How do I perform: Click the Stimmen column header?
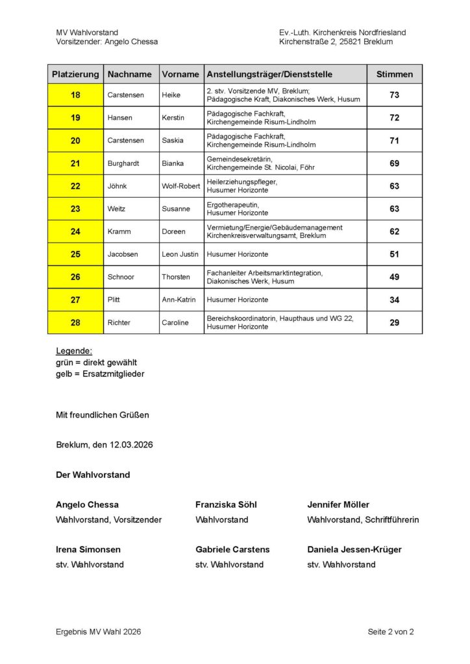click(x=394, y=74)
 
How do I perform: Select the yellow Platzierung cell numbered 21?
click(x=75, y=163)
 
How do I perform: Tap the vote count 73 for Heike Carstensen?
click(x=394, y=95)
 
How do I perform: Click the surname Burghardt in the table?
click(x=123, y=163)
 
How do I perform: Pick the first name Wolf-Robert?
click(x=181, y=186)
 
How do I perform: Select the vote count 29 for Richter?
click(x=394, y=322)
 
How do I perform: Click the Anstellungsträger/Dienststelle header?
click(x=269, y=74)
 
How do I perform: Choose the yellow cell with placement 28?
click(x=75, y=322)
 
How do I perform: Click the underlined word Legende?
click(x=74, y=351)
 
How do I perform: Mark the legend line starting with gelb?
click(x=100, y=374)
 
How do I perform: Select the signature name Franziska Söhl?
click(x=226, y=504)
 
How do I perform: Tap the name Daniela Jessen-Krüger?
click(x=354, y=549)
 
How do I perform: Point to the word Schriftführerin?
click(x=391, y=519)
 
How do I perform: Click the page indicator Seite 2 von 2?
click(x=390, y=632)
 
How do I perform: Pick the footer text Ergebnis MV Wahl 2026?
click(x=98, y=632)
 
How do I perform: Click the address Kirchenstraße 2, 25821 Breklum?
click(x=336, y=41)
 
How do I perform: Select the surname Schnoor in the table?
click(x=121, y=277)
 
